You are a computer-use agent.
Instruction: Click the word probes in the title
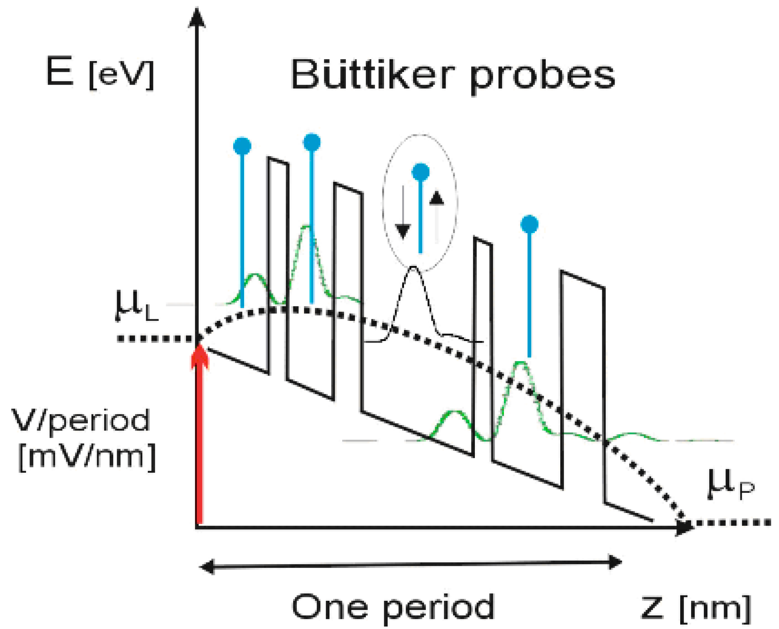[543, 78]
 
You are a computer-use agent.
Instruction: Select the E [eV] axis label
[100, 74]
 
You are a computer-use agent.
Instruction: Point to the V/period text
[80, 420]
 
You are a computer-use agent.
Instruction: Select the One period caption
[393, 606]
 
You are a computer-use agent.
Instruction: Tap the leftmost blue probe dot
[242, 146]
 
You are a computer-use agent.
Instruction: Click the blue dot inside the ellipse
[421, 172]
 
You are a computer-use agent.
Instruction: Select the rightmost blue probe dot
[529, 224]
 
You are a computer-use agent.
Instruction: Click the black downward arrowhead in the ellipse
[403, 231]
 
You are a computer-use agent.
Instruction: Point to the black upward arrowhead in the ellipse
[437, 198]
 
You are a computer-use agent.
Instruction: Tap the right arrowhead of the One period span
[615, 562]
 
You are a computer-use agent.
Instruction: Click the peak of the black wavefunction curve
[413, 267]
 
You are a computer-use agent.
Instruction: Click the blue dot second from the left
[312, 142]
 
